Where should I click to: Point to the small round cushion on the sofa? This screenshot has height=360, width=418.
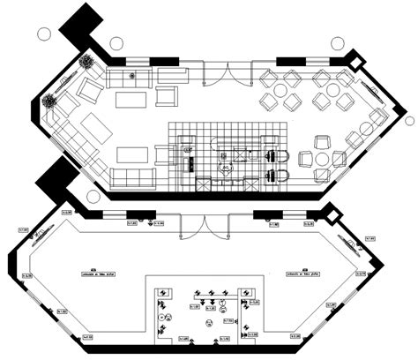133,75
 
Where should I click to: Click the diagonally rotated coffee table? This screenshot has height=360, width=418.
93,130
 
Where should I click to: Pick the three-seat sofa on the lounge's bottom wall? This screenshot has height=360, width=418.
134,179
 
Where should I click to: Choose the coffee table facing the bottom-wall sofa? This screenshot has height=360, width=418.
134,151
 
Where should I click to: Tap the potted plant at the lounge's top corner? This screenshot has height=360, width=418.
86,62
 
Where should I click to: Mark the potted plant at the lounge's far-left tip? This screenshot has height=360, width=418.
50,101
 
